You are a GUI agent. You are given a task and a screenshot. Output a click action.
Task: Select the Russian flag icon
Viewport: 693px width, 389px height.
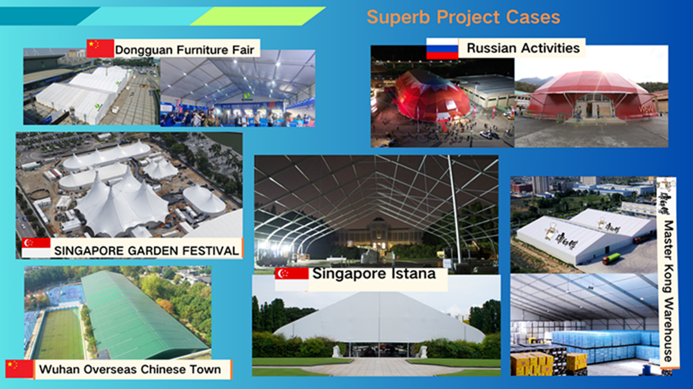tap(442, 48)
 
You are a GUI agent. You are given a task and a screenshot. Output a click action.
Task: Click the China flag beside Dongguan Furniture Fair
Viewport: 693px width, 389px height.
tap(100, 48)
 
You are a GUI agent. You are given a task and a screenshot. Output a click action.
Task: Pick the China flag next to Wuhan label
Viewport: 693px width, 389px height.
tap(19, 369)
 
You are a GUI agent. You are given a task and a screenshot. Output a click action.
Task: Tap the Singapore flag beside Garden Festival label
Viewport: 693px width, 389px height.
tap(36, 248)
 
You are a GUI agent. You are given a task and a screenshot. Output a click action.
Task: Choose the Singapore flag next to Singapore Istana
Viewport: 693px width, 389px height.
tap(292, 279)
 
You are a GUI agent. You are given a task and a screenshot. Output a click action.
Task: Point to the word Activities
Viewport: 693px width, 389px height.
tap(551, 48)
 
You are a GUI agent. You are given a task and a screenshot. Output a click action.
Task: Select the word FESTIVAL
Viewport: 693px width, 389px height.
tap(210, 250)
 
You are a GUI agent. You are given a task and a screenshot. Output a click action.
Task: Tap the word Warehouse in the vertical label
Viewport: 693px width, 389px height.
tap(668, 330)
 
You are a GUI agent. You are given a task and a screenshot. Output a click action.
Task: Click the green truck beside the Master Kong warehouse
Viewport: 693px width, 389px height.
tap(612, 259)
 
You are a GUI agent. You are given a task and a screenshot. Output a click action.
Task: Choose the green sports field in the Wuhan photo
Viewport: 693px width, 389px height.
tap(60, 334)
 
